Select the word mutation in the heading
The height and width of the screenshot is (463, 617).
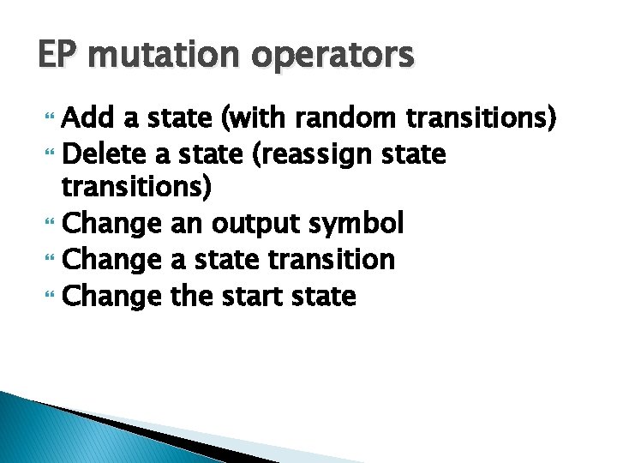pyautogui.click(x=162, y=57)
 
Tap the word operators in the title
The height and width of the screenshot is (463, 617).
pyautogui.click(x=335, y=57)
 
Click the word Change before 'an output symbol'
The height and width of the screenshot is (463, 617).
pyautogui.click(x=112, y=225)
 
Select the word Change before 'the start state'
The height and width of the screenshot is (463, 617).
pyautogui.click(x=112, y=296)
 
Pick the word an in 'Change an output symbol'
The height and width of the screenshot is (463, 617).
pyautogui.click(x=183, y=225)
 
